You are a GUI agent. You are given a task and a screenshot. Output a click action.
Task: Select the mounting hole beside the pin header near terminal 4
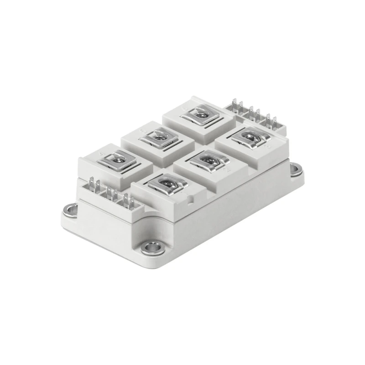click(71, 210)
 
